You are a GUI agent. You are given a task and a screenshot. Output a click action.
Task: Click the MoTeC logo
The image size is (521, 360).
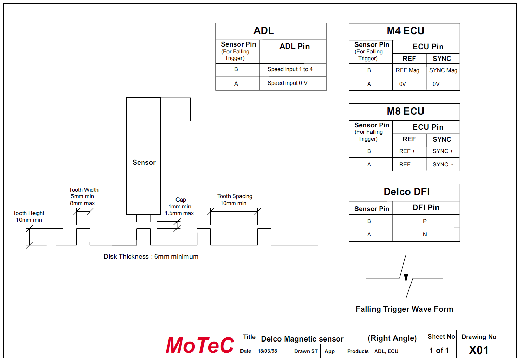pos(200,345)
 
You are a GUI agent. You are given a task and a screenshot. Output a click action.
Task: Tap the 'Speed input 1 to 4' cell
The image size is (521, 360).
pos(290,69)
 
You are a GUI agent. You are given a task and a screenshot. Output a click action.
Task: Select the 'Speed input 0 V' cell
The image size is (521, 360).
pos(287,83)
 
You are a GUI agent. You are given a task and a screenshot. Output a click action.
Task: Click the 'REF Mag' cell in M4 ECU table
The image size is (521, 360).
pos(407,70)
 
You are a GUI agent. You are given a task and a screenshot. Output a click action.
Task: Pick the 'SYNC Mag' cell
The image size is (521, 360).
pos(443,70)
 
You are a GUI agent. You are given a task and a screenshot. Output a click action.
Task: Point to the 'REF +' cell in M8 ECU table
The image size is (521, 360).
pos(407,151)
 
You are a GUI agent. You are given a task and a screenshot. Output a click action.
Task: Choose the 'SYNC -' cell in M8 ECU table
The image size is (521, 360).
pos(443,165)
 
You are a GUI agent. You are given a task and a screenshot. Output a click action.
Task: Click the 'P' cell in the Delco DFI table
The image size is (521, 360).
pos(425,221)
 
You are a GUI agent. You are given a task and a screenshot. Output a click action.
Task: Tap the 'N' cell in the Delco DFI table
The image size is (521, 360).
pos(425,235)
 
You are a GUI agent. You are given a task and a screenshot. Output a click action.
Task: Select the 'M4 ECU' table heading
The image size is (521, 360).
pos(405,31)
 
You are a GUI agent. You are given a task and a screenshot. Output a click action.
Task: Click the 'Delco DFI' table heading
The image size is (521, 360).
pos(406,192)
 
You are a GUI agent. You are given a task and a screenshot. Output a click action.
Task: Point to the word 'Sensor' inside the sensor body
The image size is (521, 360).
pos(144,163)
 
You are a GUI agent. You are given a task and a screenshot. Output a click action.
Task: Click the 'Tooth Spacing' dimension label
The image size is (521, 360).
pos(235,196)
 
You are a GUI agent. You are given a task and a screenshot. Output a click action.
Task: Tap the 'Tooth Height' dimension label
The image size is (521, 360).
pos(29,213)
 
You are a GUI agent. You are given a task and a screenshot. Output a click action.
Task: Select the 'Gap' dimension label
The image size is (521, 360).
pos(181,200)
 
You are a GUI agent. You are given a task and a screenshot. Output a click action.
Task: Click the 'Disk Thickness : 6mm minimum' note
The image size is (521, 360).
pos(151,257)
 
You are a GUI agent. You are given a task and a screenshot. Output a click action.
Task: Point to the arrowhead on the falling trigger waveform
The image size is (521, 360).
pos(406,278)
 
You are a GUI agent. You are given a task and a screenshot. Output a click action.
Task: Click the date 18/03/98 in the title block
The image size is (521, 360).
pos(267,351)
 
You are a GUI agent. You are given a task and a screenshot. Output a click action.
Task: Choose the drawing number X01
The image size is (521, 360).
pos(479,350)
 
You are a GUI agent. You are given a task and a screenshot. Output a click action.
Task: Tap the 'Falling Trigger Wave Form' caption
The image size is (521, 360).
pos(404,309)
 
